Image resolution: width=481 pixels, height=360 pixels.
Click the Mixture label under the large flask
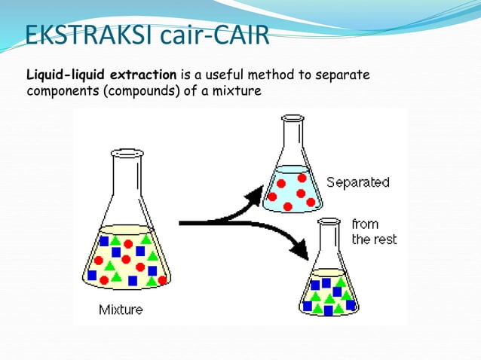[121, 310]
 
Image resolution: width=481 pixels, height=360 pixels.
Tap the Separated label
[357, 182]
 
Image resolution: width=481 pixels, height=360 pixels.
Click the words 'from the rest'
[373, 231]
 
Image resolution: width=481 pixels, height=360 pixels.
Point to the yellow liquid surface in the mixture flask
[126, 229]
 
